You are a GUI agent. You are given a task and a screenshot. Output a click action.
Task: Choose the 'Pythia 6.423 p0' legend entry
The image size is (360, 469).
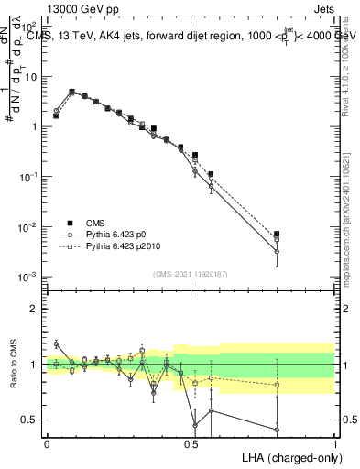(122, 234)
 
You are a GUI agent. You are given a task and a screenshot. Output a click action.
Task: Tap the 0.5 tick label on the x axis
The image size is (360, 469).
(191, 443)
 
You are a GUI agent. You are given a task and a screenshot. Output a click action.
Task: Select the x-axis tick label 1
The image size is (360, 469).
(334, 443)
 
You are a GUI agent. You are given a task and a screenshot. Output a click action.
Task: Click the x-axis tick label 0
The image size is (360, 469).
(47, 443)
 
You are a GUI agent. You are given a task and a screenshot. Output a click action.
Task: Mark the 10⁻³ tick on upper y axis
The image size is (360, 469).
(30, 276)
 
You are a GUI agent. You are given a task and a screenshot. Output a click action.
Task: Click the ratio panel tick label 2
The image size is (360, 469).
(36, 309)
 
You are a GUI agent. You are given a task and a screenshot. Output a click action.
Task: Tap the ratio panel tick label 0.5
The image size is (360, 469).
(33, 420)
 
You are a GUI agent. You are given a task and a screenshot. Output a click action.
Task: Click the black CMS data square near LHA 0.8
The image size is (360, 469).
(277, 234)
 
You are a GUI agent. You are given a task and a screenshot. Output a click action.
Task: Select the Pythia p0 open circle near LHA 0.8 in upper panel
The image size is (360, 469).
(277, 251)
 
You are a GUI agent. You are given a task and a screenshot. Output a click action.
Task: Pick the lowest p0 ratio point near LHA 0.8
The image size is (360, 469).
(277, 429)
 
